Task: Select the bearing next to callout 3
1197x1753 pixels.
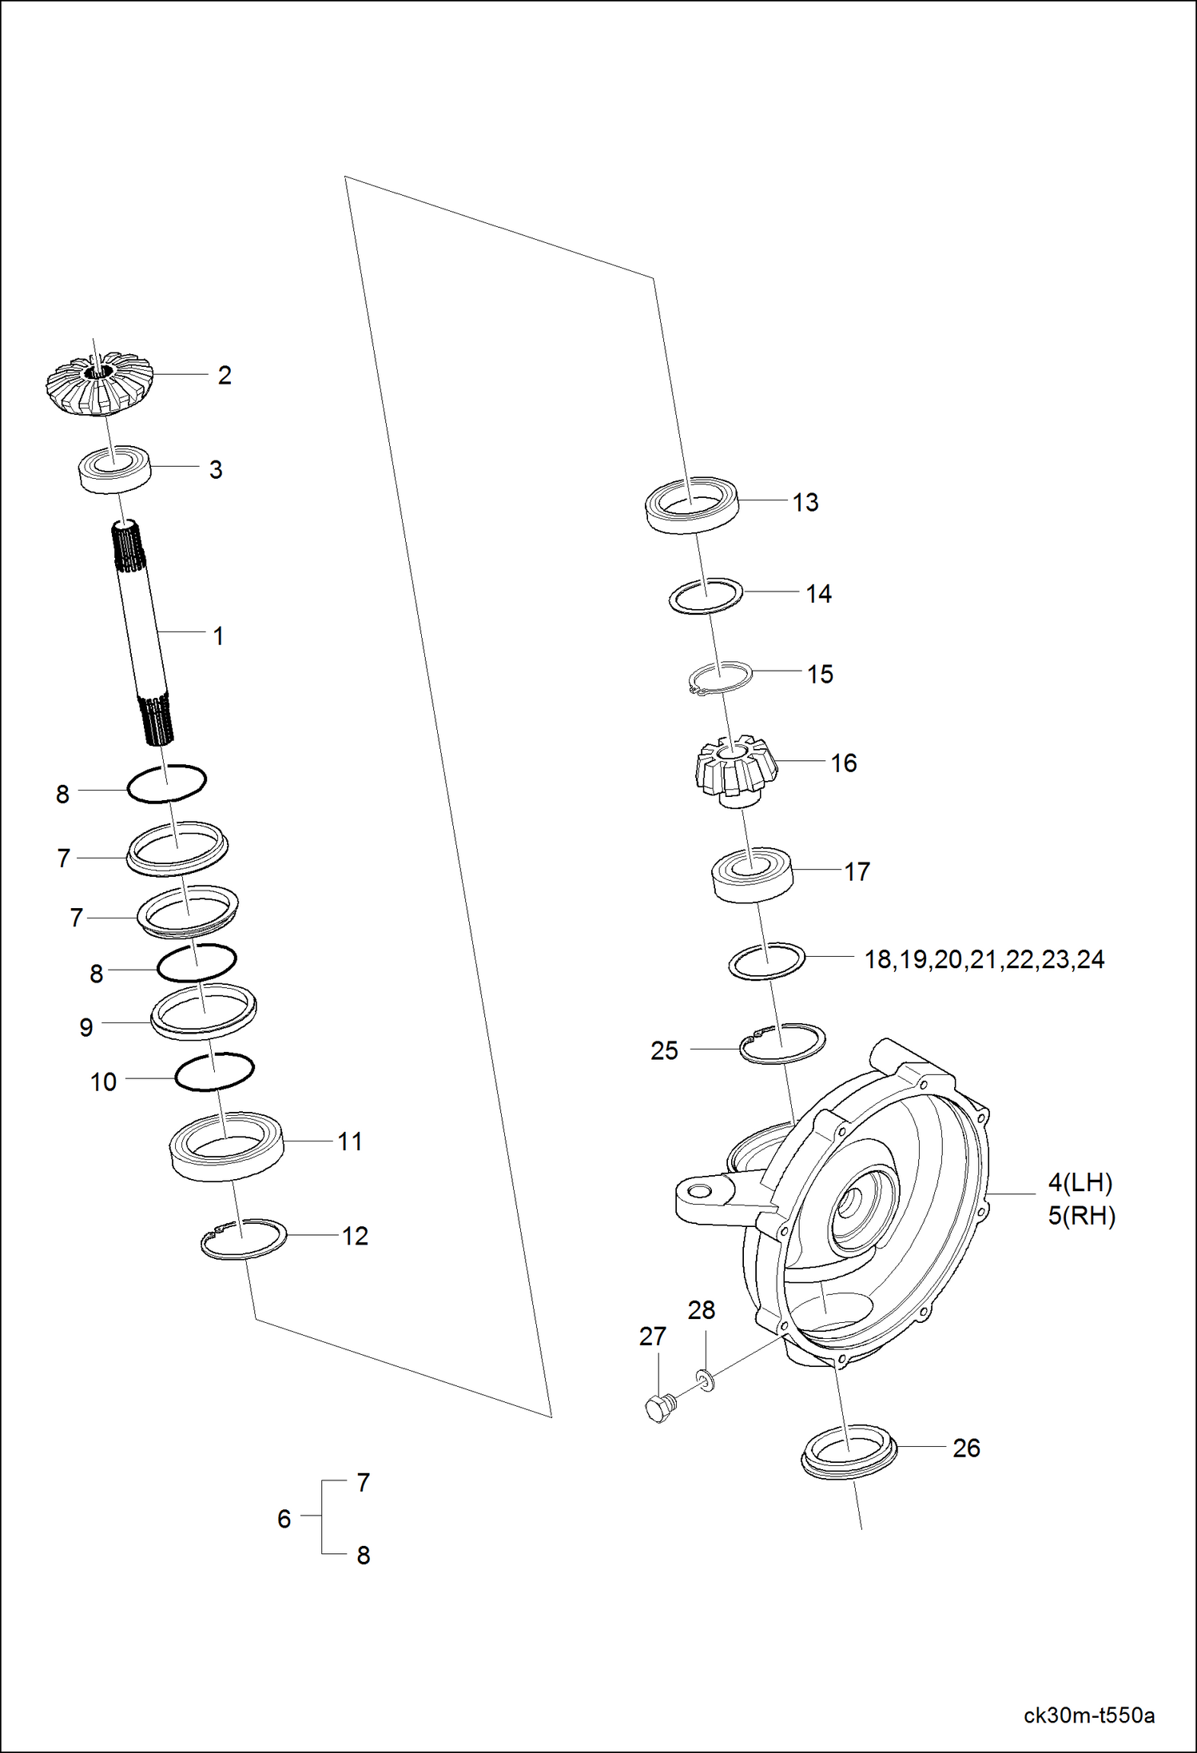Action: pyautogui.click(x=115, y=469)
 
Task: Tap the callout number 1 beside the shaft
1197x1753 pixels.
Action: pyautogui.click(x=218, y=636)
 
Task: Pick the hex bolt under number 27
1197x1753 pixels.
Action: pyautogui.click(x=657, y=1408)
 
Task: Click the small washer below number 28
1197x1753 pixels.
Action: pyautogui.click(x=706, y=1379)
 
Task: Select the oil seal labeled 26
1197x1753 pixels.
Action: pyautogui.click(x=849, y=1449)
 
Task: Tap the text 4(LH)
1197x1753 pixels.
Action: pyautogui.click(x=1080, y=1182)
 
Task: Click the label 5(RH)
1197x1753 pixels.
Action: pyautogui.click(x=1081, y=1215)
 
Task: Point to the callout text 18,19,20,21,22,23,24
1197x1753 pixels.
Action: pyautogui.click(x=984, y=958)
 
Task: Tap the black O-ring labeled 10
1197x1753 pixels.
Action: pyautogui.click(x=214, y=1071)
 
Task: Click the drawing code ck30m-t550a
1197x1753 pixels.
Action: pyautogui.click(x=1088, y=1715)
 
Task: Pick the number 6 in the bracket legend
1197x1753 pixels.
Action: pyautogui.click(x=284, y=1518)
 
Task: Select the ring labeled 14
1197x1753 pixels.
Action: pyautogui.click(x=706, y=596)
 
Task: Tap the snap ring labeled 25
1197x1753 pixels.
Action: pyautogui.click(x=782, y=1042)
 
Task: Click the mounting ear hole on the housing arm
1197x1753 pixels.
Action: pyautogui.click(x=699, y=1192)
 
